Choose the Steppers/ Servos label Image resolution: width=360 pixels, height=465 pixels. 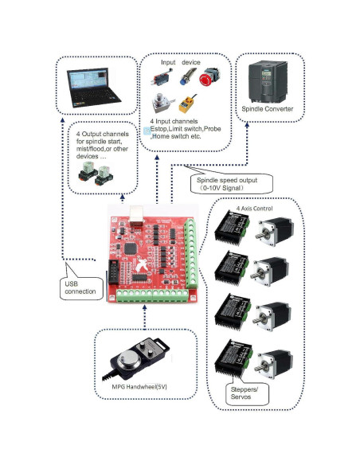point(241,393)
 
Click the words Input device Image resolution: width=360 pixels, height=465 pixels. point(182,61)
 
